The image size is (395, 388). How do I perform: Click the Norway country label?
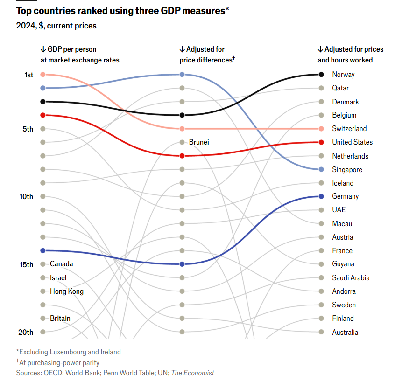pos(343,75)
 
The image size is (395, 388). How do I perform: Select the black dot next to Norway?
pos(321,75)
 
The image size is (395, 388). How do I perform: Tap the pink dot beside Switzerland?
pos(321,129)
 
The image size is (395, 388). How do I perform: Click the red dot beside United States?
pos(321,142)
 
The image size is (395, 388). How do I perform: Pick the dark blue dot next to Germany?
pos(321,196)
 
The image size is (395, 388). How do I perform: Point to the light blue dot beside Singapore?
pos(321,169)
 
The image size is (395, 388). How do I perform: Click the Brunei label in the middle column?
pos(199,142)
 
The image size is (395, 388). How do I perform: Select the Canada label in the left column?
pos(61,264)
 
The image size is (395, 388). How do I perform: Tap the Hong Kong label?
pos(67,291)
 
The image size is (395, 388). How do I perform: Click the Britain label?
pos(60,319)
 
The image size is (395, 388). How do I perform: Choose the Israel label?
pos(58,278)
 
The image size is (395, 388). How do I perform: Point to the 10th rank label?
pos(26,197)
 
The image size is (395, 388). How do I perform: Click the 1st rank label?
pos(28,75)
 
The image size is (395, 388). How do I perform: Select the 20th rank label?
pos(26,333)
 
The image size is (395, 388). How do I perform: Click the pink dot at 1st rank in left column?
pos(42,75)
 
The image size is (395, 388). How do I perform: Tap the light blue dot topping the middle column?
pos(182,75)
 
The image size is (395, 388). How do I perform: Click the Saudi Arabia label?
pos(351,278)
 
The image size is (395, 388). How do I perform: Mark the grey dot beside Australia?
pos(321,332)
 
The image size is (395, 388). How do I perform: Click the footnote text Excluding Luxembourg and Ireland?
pos(69,352)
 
